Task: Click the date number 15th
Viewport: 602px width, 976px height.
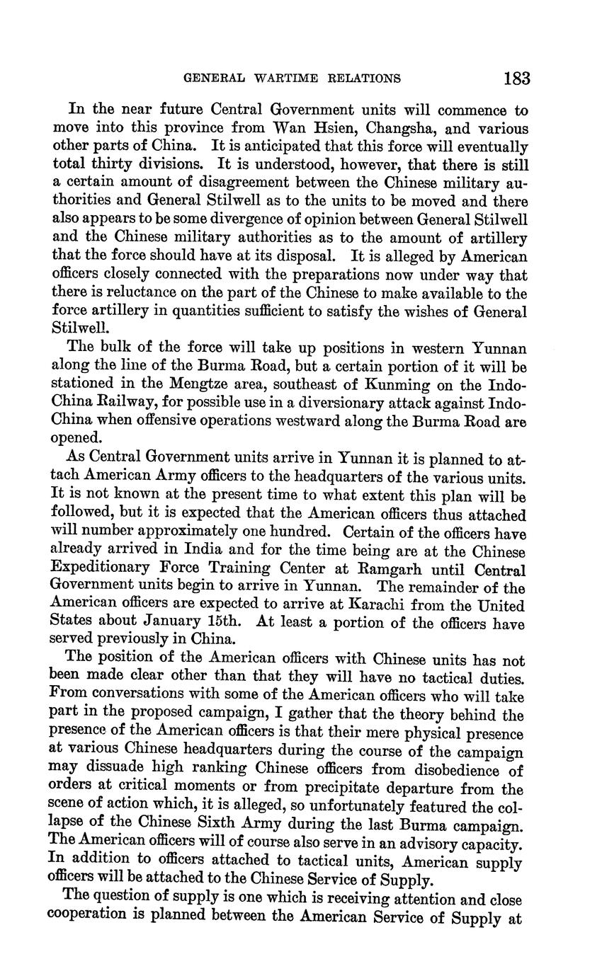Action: (x=220, y=624)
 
